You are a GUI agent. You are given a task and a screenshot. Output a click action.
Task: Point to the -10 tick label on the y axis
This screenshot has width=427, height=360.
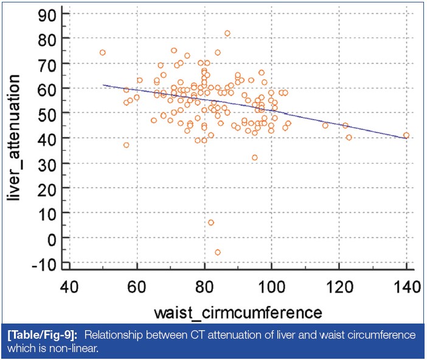pos(46,263)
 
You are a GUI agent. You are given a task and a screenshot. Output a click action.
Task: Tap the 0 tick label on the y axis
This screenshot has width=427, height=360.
pos(54,238)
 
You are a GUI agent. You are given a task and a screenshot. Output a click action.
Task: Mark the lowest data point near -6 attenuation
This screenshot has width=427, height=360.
pos(217,252)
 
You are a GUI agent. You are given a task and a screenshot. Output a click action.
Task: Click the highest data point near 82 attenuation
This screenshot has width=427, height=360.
pos(227,33)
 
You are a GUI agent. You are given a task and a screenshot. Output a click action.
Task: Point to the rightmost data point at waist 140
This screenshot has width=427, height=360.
pos(406,135)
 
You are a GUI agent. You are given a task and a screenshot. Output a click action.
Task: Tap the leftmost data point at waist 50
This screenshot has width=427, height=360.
pos(103,52)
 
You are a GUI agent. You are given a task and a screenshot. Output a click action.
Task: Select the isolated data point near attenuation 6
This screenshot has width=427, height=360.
pos(210,223)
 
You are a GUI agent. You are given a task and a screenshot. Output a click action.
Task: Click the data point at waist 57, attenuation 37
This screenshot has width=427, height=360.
pos(127,145)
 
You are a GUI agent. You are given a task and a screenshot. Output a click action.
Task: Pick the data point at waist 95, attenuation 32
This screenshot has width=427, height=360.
pos(255,157)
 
